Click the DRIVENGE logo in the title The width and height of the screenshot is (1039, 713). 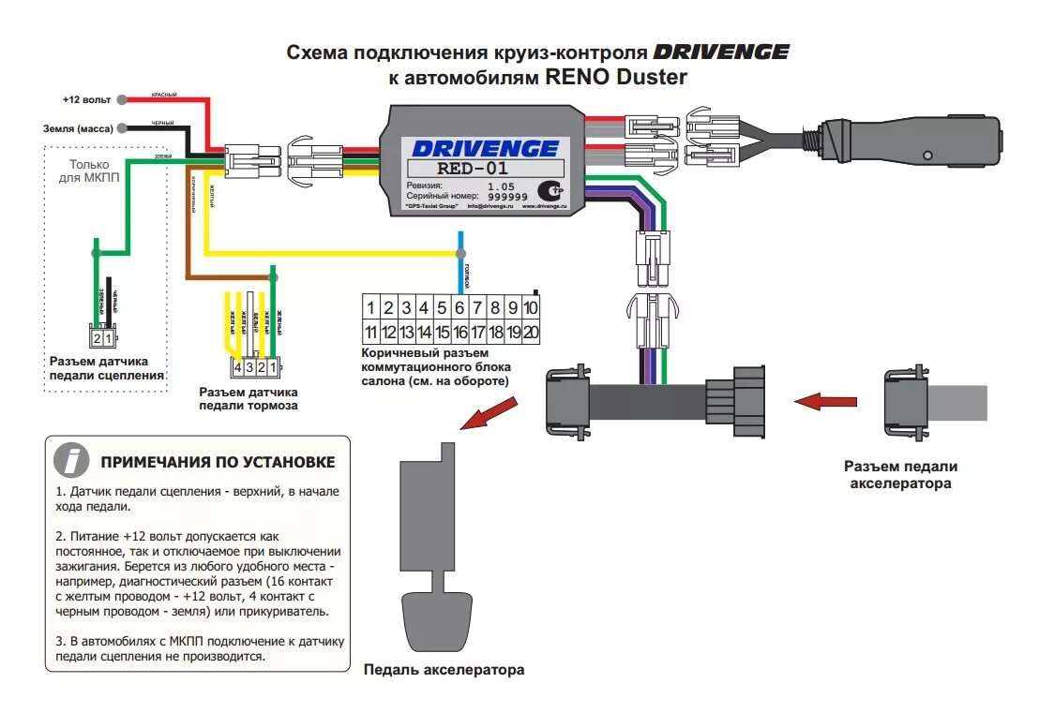(720, 52)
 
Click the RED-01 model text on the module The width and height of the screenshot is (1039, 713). (472, 169)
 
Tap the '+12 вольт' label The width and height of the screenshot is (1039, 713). (86, 99)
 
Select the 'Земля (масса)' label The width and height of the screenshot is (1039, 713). (77, 127)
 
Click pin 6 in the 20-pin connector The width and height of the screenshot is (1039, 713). (459, 307)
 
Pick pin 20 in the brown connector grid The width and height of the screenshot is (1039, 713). (531, 332)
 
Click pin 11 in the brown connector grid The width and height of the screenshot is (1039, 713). (371, 332)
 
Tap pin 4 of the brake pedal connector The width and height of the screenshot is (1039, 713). (239, 366)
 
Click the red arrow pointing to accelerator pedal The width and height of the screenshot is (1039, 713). (491, 412)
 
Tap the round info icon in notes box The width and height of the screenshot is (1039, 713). (71, 461)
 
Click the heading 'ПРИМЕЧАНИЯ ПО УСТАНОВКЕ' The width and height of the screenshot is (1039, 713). (218, 462)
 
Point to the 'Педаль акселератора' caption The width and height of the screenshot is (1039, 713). (444, 670)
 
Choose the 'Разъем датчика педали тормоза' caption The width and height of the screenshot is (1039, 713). (248, 398)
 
